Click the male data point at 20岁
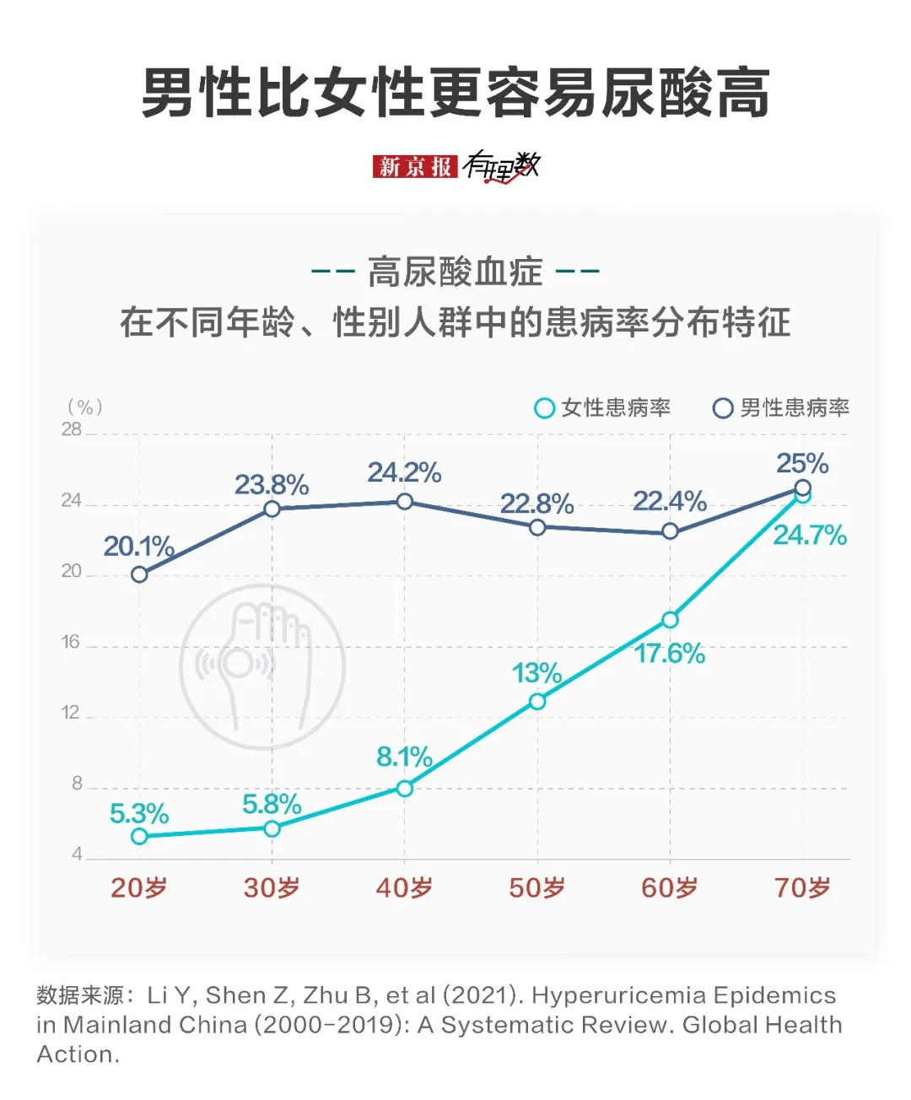[x=139, y=574]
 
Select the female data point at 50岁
[x=537, y=701]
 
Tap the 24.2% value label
[x=404, y=472]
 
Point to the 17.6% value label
[x=670, y=654]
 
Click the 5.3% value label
[x=139, y=814]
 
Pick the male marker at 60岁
[x=670, y=531]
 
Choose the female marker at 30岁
[x=272, y=828]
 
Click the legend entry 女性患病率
[x=603, y=408]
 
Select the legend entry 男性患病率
[x=781, y=408]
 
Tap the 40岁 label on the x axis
[x=404, y=887]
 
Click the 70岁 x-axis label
[x=802, y=887]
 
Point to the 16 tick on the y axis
[x=71, y=642]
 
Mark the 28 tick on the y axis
[x=71, y=429]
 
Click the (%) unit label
[x=85, y=407]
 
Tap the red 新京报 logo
[x=415, y=166]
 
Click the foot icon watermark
[x=262, y=666]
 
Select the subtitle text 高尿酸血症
[x=455, y=272]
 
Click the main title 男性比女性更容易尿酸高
[x=455, y=93]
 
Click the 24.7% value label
[x=810, y=535]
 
